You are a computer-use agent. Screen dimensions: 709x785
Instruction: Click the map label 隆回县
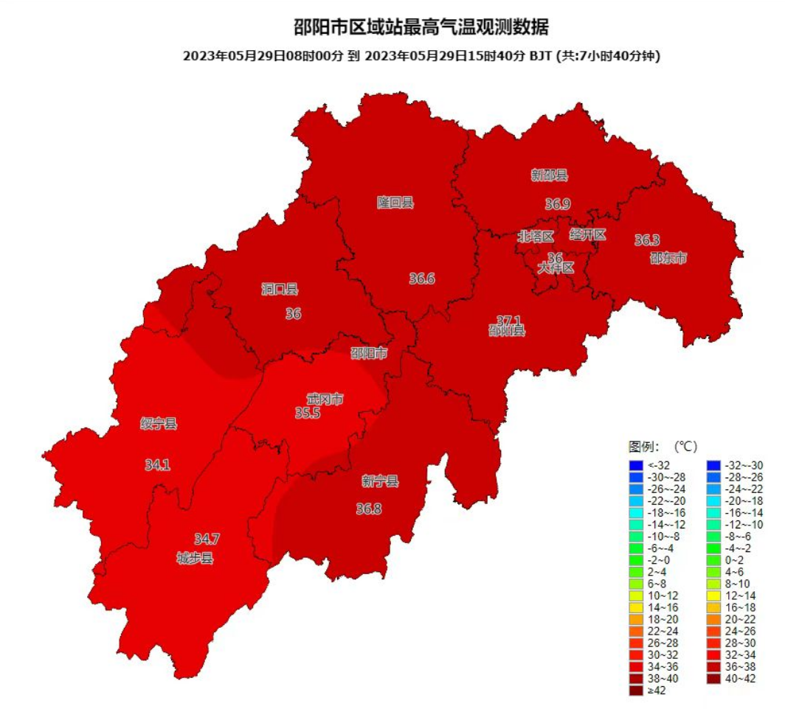tap(395, 203)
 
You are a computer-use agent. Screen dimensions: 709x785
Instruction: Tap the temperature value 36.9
tap(558, 203)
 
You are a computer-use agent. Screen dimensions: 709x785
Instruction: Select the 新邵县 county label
tap(550, 175)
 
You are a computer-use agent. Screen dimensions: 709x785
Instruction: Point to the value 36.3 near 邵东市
tap(647, 240)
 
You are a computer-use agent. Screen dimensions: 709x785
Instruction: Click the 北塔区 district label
tap(536, 237)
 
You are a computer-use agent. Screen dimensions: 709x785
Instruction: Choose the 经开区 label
tap(588, 235)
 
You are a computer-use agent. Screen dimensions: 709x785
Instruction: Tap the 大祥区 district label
tap(556, 268)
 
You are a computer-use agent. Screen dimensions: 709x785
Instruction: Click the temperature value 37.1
tap(508, 320)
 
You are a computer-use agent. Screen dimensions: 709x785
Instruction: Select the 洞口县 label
tap(280, 290)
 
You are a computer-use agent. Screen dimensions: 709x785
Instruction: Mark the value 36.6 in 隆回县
tap(422, 279)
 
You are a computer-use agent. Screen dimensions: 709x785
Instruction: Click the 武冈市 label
tap(325, 399)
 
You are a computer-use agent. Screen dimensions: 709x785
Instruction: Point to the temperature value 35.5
tap(308, 413)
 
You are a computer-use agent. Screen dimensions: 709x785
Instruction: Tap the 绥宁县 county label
tap(159, 424)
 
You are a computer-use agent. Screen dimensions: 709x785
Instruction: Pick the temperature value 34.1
tap(157, 465)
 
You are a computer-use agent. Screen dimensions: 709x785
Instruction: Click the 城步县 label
tap(195, 558)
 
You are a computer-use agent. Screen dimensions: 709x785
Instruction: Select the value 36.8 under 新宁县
tap(369, 509)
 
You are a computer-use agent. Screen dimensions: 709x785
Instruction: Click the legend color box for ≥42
tap(635, 690)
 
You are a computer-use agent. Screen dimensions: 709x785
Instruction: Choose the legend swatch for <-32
tap(635, 465)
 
